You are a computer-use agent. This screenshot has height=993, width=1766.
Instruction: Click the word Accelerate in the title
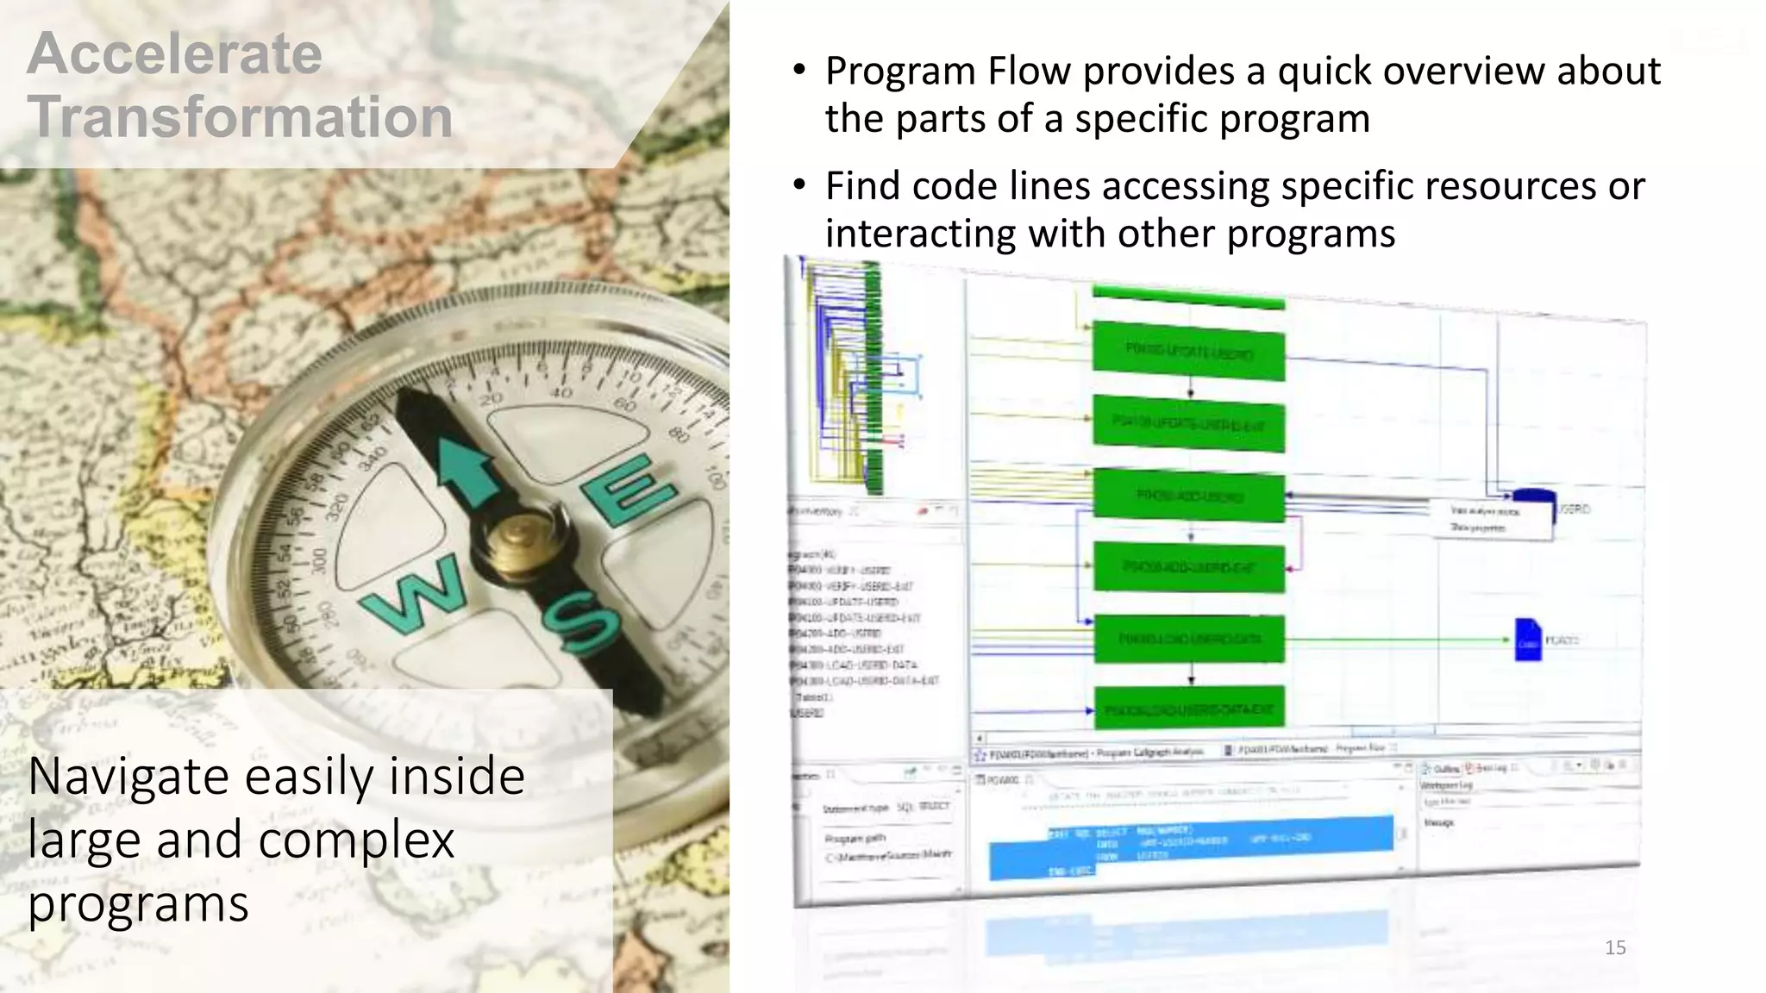(175, 53)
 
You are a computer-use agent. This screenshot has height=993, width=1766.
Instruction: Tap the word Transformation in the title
(240, 117)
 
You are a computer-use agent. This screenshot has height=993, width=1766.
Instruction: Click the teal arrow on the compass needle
(467, 470)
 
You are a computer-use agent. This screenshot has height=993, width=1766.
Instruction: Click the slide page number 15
(1615, 948)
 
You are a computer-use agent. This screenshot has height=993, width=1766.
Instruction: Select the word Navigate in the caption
(136, 776)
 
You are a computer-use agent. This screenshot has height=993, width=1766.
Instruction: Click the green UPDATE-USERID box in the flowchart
(1188, 351)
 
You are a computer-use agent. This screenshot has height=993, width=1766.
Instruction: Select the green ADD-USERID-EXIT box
(1189, 567)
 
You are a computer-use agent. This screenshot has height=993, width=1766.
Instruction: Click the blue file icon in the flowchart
(1527, 640)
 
